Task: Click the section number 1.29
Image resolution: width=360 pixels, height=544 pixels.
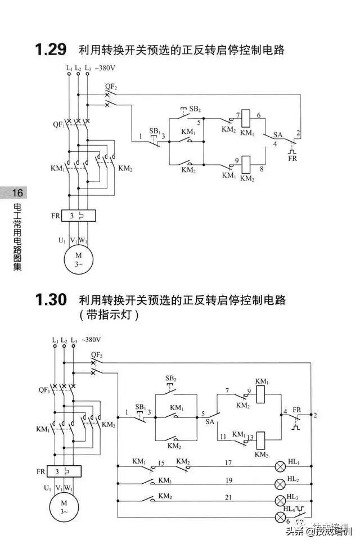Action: coord(51,50)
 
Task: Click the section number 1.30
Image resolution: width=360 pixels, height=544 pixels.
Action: coord(51,300)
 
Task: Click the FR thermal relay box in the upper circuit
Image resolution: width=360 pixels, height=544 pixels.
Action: coord(78,215)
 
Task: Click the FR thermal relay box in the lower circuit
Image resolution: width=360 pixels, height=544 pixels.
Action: coord(64,471)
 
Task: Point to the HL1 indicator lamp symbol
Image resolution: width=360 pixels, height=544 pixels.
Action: coord(280,467)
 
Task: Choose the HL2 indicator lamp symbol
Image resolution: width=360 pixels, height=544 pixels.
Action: coord(280,484)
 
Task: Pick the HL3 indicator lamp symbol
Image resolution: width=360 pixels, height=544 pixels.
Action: coord(280,500)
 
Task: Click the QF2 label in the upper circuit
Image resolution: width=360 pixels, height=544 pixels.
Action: coord(111,87)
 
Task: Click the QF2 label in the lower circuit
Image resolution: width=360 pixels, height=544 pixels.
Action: coord(97,355)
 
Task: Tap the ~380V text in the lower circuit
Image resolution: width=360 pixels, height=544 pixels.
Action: coord(91,340)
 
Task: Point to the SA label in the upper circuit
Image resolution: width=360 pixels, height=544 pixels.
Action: coord(277,135)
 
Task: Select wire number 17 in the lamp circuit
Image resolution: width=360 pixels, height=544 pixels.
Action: coord(229,463)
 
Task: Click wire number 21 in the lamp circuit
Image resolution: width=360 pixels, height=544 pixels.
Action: coord(229,497)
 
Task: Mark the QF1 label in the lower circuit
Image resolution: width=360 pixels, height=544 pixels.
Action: coord(44,389)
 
